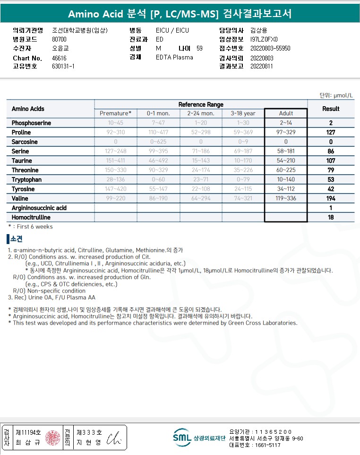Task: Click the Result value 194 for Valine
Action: (x=331, y=198)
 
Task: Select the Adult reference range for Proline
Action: (x=286, y=132)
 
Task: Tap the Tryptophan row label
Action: (x=27, y=179)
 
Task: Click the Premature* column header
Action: (x=116, y=113)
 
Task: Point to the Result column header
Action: (x=331, y=109)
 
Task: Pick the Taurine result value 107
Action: (x=331, y=160)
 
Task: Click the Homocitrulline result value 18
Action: (x=331, y=217)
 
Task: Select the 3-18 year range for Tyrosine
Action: (x=243, y=189)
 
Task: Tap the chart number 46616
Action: (x=59, y=58)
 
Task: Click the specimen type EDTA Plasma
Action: (x=174, y=58)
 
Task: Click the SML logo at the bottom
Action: (x=182, y=437)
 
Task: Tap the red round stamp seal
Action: (x=53, y=437)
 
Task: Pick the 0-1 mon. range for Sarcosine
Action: (x=158, y=142)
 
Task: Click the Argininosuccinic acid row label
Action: (x=39, y=208)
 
